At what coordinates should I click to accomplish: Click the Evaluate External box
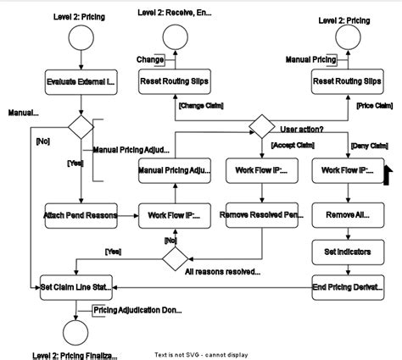(x=80, y=83)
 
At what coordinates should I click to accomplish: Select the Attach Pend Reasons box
(x=80, y=216)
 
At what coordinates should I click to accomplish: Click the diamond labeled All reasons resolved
(x=175, y=256)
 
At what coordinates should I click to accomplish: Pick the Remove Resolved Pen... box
(x=260, y=216)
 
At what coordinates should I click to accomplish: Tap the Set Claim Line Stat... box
(x=75, y=288)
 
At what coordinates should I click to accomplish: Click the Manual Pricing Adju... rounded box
(x=175, y=170)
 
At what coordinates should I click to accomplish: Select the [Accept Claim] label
(x=291, y=146)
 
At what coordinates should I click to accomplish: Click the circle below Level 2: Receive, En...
(x=175, y=37)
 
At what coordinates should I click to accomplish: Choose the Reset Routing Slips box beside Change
(x=175, y=83)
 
